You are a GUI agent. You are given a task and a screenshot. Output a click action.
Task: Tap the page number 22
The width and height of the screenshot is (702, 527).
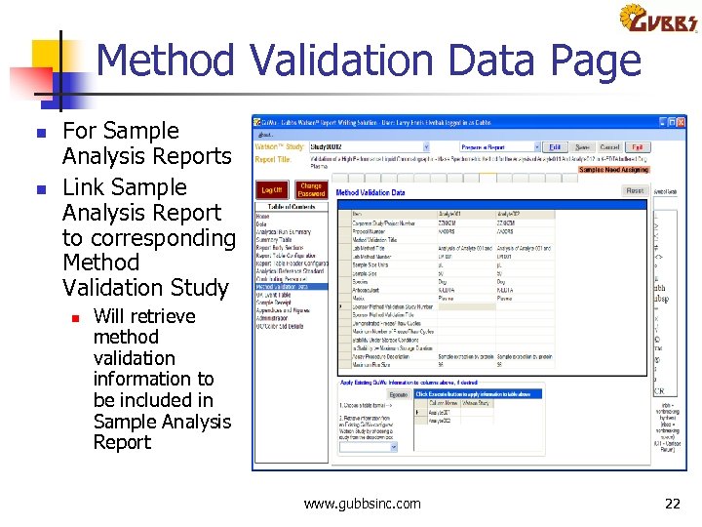(672, 504)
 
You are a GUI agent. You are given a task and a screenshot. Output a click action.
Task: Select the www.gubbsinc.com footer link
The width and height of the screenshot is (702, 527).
(363, 504)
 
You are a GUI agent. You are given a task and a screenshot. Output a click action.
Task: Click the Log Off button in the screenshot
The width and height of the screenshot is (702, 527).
(272, 190)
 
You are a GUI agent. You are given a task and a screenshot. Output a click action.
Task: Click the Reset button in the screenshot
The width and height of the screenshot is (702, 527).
(635, 191)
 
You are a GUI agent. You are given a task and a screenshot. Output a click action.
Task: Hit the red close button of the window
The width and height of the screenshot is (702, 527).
(682, 123)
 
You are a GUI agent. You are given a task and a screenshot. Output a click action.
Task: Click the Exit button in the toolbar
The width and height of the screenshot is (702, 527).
(638, 147)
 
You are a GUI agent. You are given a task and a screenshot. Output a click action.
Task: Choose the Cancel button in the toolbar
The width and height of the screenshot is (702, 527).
(609, 147)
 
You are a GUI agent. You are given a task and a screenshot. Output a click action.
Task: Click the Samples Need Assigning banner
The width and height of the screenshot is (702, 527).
(613, 169)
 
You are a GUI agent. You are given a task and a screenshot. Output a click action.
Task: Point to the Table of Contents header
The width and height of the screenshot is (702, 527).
(292, 208)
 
